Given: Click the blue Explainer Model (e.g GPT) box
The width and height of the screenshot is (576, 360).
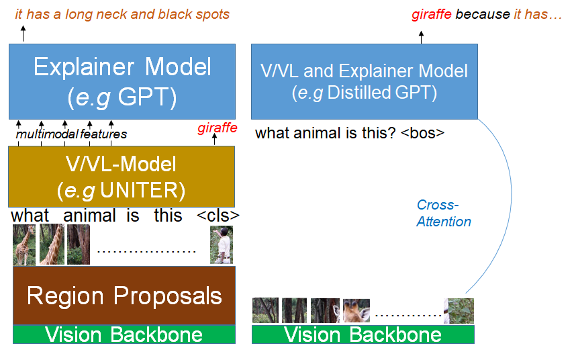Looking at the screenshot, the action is [122, 81].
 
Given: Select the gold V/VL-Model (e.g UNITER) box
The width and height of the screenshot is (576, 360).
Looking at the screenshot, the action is [122, 177].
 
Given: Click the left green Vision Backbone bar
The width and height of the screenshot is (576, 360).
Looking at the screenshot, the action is [124, 334].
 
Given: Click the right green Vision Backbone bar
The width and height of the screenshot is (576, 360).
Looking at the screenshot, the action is [363, 334].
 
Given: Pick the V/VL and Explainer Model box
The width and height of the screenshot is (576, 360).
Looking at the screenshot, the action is [365, 81].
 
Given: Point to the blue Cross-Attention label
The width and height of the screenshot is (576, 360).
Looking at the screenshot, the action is [444, 213].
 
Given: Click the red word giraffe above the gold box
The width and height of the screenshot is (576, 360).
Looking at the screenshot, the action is [218, 128].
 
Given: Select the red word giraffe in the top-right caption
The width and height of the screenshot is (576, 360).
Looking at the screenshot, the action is [430, 14].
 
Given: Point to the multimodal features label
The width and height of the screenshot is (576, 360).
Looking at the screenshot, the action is [71, 134].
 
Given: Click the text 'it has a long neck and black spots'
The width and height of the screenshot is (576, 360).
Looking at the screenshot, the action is [122, 14].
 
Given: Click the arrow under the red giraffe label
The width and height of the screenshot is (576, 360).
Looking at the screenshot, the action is [215, 139].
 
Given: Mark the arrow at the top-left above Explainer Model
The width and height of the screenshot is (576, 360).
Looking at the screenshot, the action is [22, 34].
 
